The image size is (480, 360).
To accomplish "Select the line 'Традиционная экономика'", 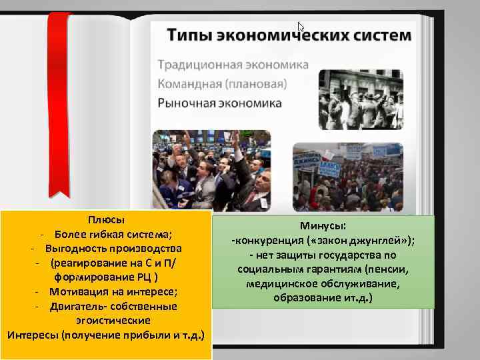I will point(233,65).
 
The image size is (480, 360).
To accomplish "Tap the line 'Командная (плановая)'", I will point(222,84).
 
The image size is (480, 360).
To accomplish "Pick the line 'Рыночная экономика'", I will point(219,103).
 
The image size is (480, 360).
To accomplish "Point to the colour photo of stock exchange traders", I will point(211,169).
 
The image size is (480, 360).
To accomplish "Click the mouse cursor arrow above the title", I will point(301,27).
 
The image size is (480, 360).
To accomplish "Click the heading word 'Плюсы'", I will point(107,219).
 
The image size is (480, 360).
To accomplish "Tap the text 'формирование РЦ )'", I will point(107,277).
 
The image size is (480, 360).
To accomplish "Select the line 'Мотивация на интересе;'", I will point(113,291).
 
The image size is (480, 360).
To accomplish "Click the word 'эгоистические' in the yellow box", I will point(108,321).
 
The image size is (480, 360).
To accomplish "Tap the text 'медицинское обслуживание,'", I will point(323,283).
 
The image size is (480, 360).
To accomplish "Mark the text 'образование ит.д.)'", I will point(323,297).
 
